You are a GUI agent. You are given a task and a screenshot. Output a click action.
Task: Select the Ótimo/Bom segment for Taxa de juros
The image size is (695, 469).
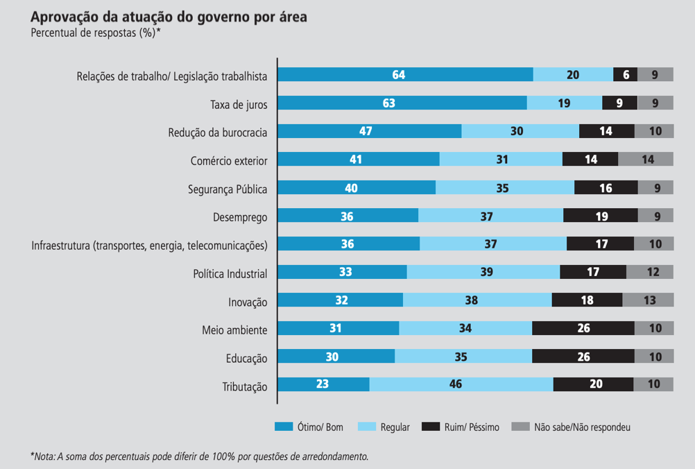tap(402, 103)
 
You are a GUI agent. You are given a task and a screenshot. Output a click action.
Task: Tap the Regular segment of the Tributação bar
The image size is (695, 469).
tap(461, 384)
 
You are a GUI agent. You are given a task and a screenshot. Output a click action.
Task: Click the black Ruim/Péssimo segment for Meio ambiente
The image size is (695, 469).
tap(583, 328)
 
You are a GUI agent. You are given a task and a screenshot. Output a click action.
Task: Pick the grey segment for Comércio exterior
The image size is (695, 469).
tap(645, 159)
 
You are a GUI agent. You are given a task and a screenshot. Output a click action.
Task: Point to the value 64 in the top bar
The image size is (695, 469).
tap(398, 75)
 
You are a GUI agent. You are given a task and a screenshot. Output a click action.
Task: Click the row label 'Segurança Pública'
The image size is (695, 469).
tap(228, 188)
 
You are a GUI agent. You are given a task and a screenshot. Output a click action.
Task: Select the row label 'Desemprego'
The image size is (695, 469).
tap(240, 216)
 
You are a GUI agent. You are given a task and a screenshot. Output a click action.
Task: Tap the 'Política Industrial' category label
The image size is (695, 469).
tap(230, 273)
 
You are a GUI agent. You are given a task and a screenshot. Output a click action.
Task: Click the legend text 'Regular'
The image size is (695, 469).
tap(395, 427)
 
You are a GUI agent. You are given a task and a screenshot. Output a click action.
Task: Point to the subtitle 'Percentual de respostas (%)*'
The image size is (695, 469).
tap(96, 33)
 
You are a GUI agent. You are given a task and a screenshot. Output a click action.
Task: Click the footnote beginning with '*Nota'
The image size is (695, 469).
tap(199, 456)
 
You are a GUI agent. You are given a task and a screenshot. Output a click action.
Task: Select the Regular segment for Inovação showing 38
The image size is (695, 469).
tap(477, 300)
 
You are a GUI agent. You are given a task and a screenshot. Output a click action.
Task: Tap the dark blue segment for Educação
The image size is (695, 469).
tap(336, 356)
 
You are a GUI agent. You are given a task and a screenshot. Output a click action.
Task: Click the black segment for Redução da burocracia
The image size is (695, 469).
tap(607, 131)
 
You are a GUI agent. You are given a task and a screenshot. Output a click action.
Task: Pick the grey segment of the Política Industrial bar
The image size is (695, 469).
tap(650, 272)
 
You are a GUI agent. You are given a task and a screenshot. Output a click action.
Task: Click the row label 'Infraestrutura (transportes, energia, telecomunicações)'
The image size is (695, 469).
tap(150, 245)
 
